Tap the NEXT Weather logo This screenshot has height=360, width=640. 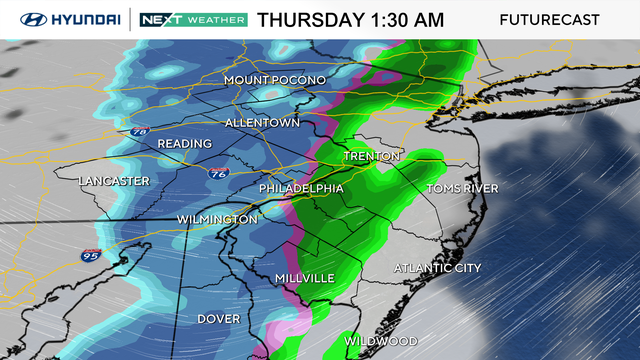191,20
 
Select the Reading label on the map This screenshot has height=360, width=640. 184,144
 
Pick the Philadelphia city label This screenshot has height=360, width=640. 301,188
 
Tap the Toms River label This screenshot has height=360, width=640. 462,188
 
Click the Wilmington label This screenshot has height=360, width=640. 217,219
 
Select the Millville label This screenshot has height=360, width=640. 304,277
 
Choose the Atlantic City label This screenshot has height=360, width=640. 437,268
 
